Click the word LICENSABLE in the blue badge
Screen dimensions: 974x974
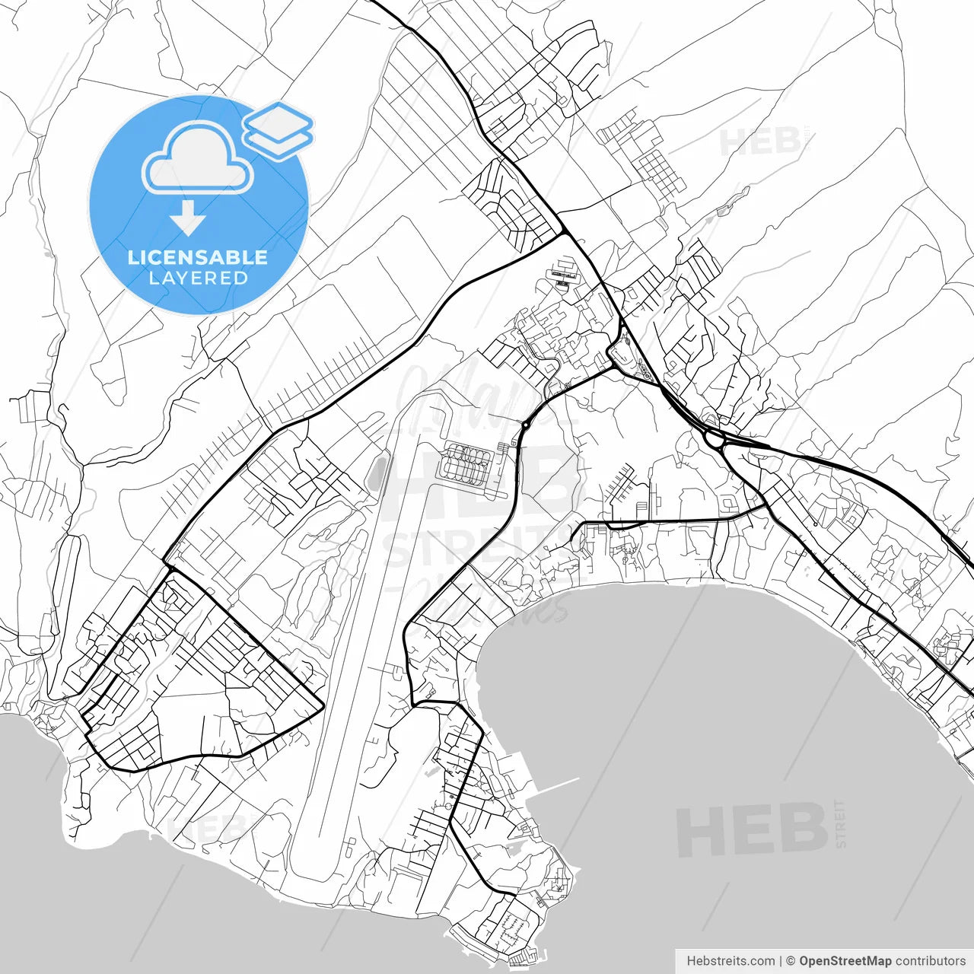[198, 257]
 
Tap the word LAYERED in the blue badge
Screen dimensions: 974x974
[198, 278]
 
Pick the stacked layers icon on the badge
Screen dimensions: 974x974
[278, 130]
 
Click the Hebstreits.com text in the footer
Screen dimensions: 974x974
[730, 961]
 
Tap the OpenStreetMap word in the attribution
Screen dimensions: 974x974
[845, 961]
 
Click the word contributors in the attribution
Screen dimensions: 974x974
[930, 961]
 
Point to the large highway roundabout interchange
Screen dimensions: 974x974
[715, 439]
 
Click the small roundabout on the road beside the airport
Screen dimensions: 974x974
[525, 425]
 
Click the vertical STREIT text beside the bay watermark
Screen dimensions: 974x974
[840, 823]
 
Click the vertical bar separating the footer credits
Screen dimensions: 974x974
[781, 961]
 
